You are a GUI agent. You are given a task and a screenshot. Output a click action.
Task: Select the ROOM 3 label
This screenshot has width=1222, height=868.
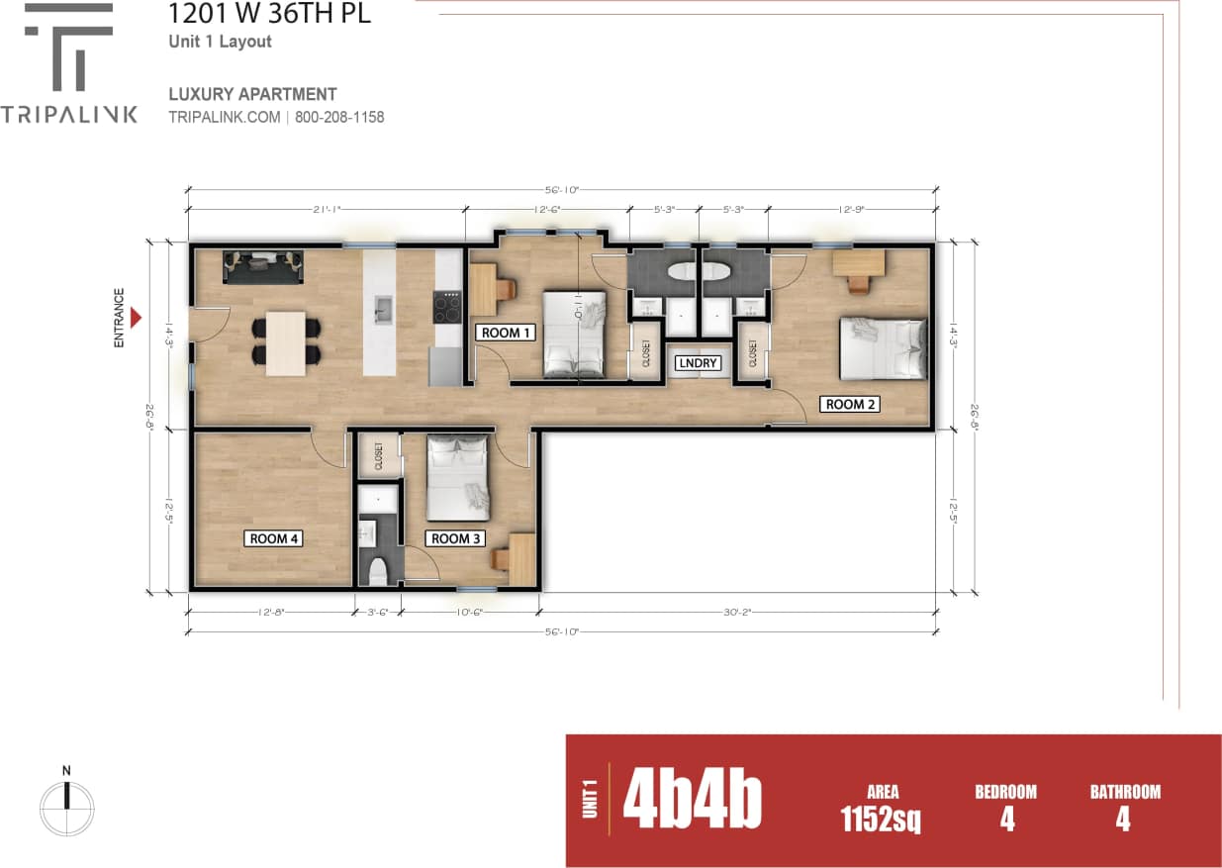click(456, 538)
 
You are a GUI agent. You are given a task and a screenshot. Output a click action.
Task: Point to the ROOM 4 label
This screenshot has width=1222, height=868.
click(274, 538)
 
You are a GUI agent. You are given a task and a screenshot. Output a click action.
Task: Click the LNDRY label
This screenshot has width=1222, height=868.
click(698, 363)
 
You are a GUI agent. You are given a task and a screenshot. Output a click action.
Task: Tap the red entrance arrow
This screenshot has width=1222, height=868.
click(138, 317)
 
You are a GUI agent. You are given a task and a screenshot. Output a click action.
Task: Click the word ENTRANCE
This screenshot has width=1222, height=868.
click(119, 317)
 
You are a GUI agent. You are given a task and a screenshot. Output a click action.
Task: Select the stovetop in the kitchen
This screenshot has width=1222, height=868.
click(447, 307)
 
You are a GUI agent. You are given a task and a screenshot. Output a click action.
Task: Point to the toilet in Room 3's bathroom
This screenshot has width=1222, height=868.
click(377, 571)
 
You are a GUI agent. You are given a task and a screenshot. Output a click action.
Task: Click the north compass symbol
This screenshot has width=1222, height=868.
click(66, 797)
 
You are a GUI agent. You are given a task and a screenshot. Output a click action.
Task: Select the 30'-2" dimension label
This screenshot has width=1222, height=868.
click(737, 612)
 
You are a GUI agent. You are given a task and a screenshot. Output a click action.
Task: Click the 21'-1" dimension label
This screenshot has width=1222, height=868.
click(326, 209)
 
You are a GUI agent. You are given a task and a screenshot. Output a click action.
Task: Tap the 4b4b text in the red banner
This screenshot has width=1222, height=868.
click(693, 802)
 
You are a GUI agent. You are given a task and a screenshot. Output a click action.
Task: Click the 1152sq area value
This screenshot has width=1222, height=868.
click(881, 819)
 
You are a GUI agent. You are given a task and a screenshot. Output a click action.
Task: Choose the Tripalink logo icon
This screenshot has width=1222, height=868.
click(68, 48)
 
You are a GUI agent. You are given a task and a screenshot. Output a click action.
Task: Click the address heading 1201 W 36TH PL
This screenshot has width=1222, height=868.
click(270, 15)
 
